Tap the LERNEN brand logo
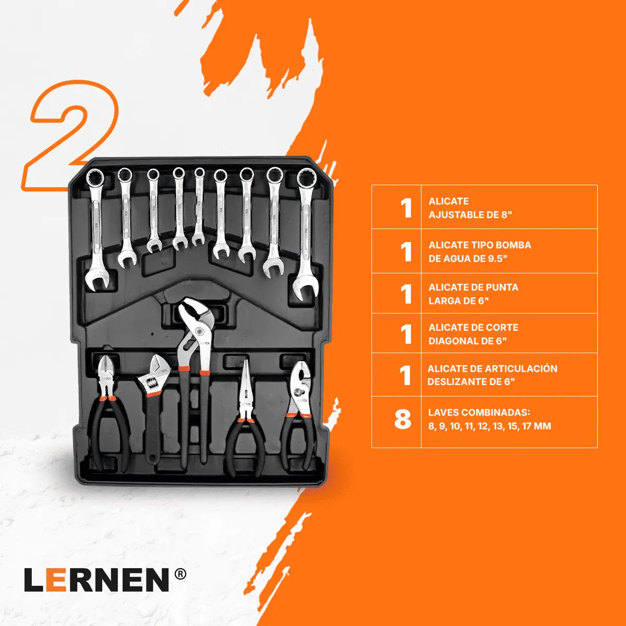point(97,580)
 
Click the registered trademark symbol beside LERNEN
point(180,574)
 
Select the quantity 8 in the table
point(402,419)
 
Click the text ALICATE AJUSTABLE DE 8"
point(470,208)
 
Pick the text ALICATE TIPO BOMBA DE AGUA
point(479,251)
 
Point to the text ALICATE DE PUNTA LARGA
point(473,294)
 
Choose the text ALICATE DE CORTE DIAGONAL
point(473,334)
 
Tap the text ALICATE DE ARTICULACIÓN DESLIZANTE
point(492,375)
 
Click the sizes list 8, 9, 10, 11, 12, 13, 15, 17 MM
point(489,426)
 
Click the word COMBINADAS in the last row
point(496,413)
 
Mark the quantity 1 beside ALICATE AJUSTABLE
point(406,208)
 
